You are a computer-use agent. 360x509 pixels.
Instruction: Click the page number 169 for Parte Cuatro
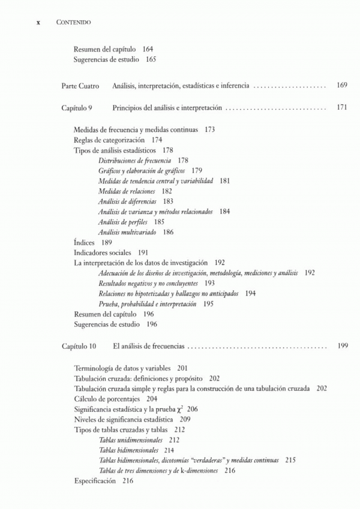coord(341,86)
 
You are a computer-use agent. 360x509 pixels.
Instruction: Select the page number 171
coord(341,109)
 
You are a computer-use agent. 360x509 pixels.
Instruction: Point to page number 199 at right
coord(342,347)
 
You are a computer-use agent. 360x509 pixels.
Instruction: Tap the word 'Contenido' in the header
coord(73,22)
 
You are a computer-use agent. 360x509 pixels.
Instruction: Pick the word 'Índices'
coord(84,242)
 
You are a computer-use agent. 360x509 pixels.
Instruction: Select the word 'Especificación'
coord(95,480)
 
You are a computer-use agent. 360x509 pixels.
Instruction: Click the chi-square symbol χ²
coord(180,408)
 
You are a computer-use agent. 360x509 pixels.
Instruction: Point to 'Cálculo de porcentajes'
coord(107,399)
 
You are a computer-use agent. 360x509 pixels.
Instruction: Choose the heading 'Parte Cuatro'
coord(80,86)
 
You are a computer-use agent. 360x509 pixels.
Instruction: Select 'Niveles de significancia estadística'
coord(123,419)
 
